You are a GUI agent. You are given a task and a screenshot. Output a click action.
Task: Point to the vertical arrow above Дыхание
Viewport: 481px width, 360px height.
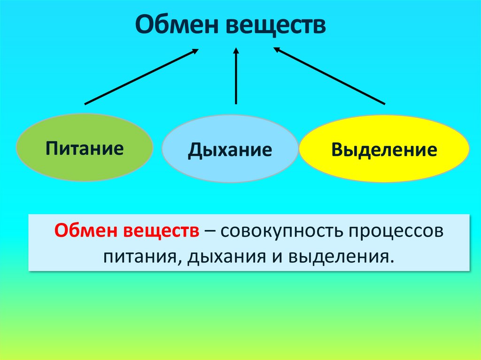pyautogui.click(x=236, y=77)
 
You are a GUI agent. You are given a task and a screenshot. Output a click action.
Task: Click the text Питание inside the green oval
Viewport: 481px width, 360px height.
pyautogui.click(x=85, y=148)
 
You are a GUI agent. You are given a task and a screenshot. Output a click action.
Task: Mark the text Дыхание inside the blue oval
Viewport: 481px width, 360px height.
pyautogui.click(x=230, y=150)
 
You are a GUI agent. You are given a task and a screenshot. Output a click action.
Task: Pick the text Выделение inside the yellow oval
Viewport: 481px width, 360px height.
pyautogui.click(x=384, y=150)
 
